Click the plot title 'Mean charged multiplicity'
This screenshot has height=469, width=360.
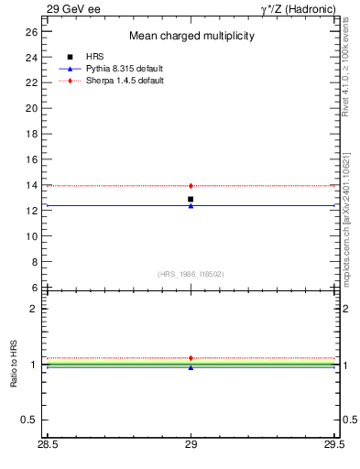191,36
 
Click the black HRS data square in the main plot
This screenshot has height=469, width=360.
191,199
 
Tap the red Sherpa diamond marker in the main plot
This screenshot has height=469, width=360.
191,186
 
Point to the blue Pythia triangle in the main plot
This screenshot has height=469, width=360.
191,206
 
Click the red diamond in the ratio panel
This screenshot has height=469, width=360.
191,358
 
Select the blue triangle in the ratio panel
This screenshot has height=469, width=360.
191,367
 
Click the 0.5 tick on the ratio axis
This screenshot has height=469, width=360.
28,420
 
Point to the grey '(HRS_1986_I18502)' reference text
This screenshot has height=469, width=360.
191,274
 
